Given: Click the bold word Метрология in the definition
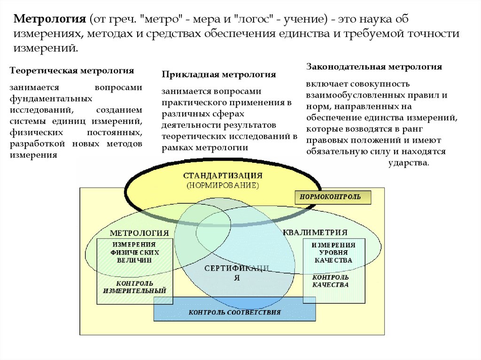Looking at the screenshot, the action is click(49, 20).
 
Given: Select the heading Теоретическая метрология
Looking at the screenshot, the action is click(72, 70).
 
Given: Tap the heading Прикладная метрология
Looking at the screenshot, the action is click(218, 75).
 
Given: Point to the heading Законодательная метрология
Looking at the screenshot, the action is click(374, 67).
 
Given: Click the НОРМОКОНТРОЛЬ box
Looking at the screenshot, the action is click(333, 197).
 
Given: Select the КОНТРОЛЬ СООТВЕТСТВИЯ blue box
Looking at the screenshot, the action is click(235, 312).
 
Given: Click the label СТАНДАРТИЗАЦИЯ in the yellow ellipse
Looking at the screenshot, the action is click(223, 175).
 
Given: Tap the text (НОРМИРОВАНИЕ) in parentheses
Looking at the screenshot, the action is click(223, 185).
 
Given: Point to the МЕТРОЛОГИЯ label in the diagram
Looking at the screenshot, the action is click(139, 233).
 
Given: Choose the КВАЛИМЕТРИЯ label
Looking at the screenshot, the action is click(315, 232).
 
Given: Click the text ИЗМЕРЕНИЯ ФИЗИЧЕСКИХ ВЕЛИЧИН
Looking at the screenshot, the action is click(134, 253).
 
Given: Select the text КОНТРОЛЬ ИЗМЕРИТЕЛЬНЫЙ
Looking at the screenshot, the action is click(134, 287).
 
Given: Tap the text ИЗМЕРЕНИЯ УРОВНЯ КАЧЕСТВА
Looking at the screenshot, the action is click(334, 253).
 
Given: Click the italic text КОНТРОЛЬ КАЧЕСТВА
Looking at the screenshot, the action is click(331, 281).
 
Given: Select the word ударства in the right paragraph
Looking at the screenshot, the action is click(408, 163).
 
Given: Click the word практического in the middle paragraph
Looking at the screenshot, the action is click(191, 102).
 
